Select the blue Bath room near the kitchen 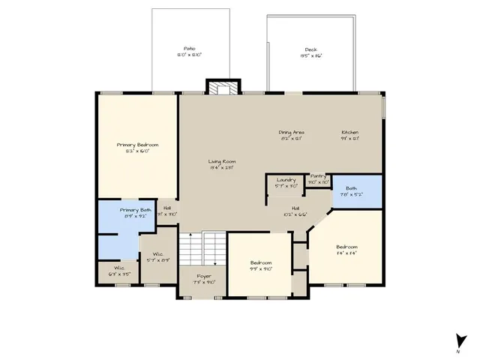[x=357, y=192]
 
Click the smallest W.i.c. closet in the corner [x=120, y=271]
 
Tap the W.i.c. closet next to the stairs [x=158, y=256]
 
